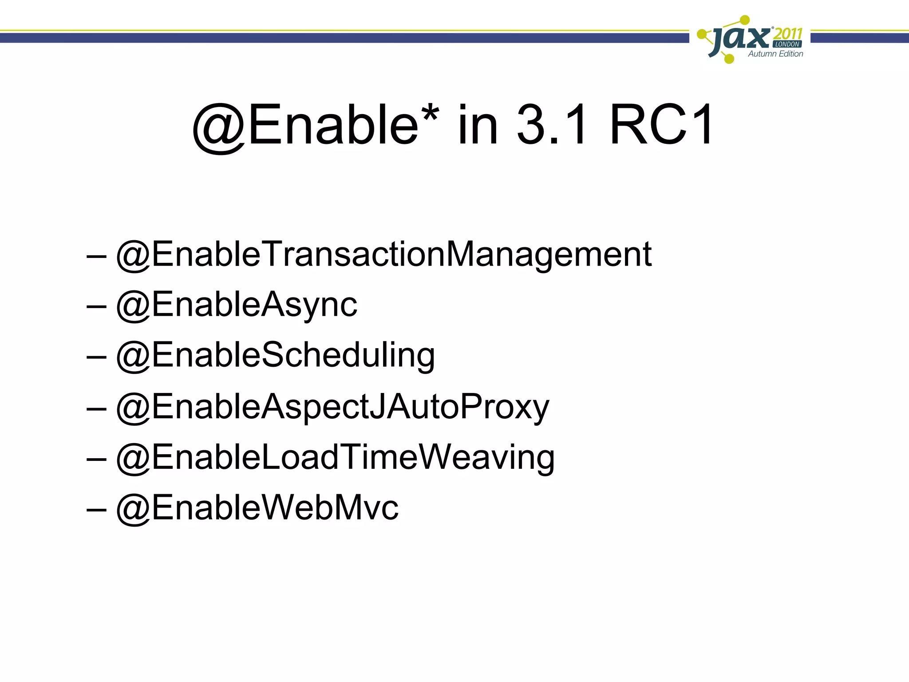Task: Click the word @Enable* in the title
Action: [x=315, y=125]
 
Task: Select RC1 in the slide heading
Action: [x=661, y=125]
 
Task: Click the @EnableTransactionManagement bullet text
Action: [x=384, y=255]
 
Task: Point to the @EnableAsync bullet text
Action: [x=237, y=305]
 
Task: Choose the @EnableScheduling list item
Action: [x=275, y=356]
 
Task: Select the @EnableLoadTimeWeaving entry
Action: [x=335, y=457]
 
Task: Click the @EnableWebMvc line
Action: [x=257, y=508]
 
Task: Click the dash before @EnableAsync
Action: [x=96, y=306]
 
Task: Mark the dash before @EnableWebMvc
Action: [x=96, y=509]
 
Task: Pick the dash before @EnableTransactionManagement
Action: [x=96, y=256]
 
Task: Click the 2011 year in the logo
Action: [x=788, y=34]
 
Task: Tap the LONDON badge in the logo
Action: [x=787, y=44]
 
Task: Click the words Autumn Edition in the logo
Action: [x=775, y=54]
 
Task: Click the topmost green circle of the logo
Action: [x=745, y=20]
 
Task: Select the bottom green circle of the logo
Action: [x=729, y=58]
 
